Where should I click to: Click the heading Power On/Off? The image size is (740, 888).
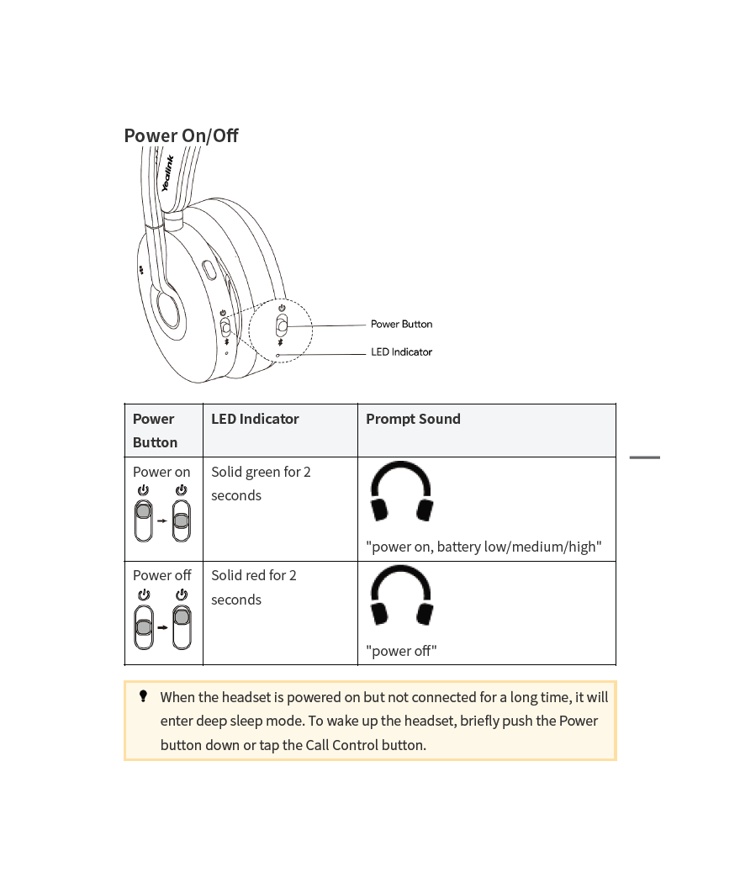point(181,135)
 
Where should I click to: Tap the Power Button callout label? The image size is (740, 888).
point(401,324)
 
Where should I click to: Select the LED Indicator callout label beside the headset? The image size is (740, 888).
point(401,351)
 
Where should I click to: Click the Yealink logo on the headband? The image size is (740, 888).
point(167,174)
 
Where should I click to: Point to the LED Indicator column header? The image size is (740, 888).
point(255,419)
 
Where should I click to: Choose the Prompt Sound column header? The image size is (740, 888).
point(413,419)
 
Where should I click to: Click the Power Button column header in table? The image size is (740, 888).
point(155,431)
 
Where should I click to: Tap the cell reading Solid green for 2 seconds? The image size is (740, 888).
point(261,484)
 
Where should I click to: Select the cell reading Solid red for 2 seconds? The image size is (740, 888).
point(254,587)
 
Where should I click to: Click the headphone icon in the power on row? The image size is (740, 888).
point(401,491)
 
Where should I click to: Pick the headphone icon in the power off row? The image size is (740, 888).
point(401,595)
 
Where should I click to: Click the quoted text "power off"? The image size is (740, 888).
point(401,651)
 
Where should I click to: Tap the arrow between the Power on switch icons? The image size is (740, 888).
point(162,521)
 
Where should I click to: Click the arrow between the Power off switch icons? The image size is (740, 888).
point(162,627)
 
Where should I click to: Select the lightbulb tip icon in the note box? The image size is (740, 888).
point(143,696)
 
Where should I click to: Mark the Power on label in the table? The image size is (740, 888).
point(161,472)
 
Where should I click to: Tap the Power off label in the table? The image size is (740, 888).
point(161,575)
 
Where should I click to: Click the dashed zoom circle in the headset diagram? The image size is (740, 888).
point(281,330)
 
